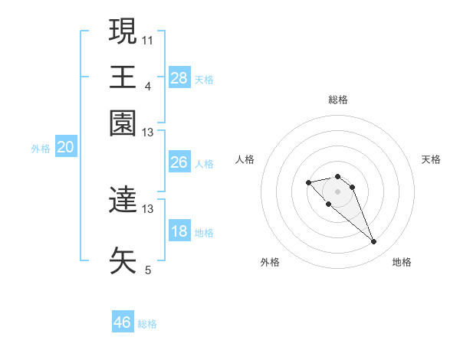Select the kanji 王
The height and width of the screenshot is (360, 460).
tap(123, 77)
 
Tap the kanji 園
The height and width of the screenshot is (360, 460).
tap(123, 123)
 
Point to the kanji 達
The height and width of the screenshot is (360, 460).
tap(123, 201)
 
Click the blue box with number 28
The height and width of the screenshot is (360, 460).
tap(179, 78)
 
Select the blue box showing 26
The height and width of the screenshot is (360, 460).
tap(179, 162)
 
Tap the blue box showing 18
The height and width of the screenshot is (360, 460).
tap(179, 232)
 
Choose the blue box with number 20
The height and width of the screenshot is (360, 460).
tap(65, 148)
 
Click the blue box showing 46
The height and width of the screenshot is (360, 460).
tap(123, 322)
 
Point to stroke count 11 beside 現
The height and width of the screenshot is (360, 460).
tap(148, 40)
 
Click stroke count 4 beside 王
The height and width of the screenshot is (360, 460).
tap(148, 86)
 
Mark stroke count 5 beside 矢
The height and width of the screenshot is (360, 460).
tap(148, 270)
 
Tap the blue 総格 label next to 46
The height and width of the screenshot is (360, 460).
tap(147, 324)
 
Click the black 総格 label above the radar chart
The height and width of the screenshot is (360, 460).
tap(338, 100)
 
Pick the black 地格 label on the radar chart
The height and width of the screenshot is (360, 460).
tap(402, 263)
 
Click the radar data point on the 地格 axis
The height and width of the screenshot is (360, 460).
tap(374, 242)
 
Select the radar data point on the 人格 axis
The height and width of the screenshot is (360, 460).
tap(308, 182)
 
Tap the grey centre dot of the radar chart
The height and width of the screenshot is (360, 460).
tap(338, 191)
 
